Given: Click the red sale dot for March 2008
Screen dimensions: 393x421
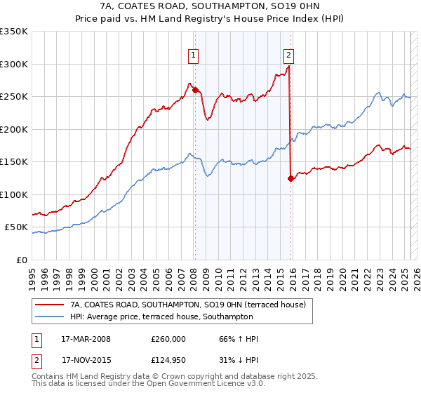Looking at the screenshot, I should tap(195, 89).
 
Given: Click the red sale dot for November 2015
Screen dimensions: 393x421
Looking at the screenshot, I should tap(290, 178).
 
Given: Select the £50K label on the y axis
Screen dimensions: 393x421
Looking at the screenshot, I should tap(16, 227).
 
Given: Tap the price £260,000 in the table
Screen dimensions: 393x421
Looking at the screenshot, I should tap(168, 339).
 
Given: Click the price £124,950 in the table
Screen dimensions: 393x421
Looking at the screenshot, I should tap(168, 359).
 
